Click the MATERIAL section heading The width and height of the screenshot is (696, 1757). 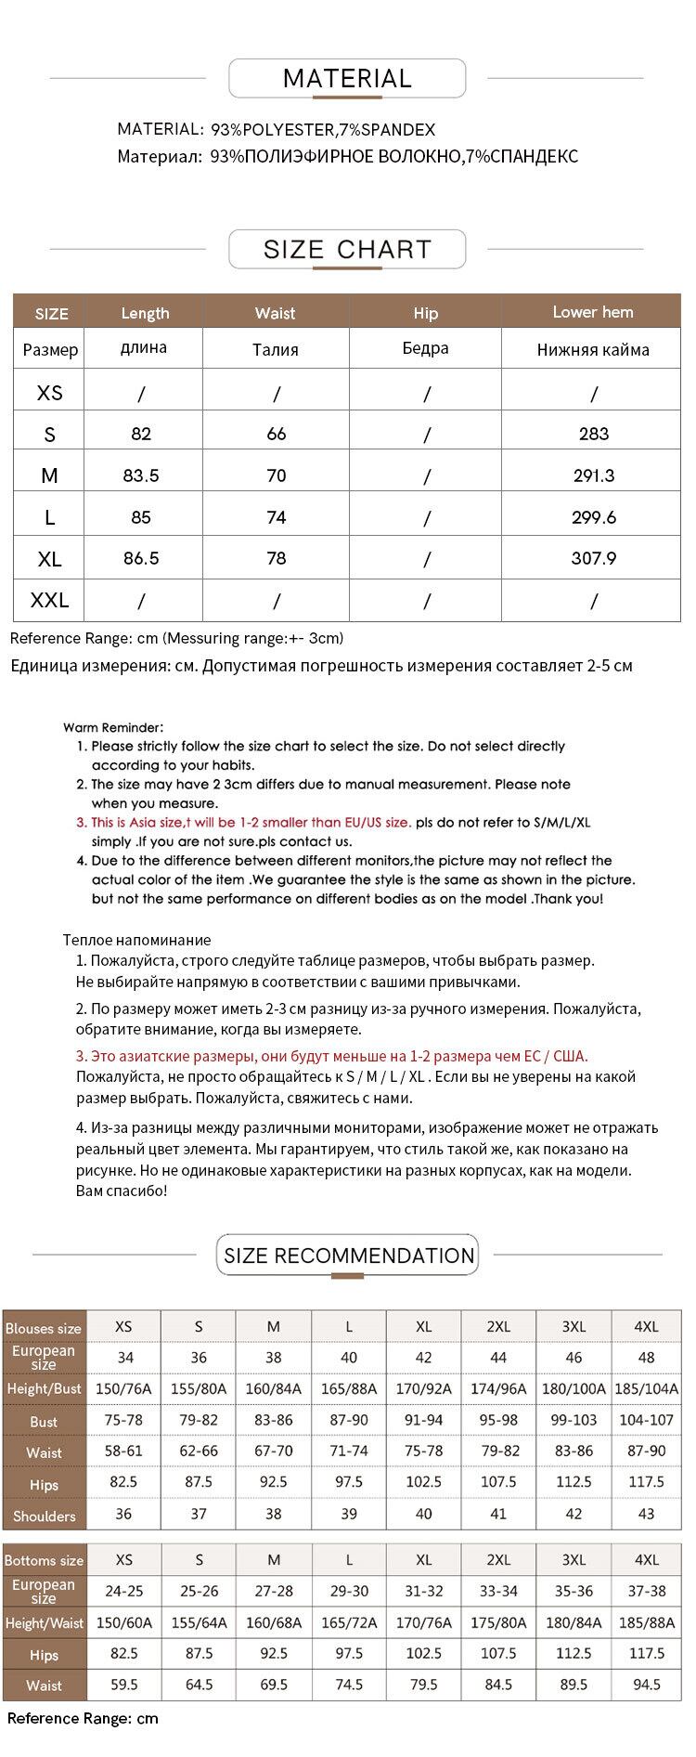point(347,79)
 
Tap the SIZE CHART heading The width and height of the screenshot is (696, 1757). point(347,250)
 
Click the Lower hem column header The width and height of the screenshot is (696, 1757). point(592,312)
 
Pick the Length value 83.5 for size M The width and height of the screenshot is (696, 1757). point(141,475)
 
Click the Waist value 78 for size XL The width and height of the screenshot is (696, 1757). point(276,558)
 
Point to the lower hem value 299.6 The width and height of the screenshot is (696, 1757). point(594,517)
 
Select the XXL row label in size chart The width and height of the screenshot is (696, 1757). point(49,601)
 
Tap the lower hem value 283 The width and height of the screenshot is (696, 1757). point(594,434)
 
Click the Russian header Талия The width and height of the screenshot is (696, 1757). point(276,350)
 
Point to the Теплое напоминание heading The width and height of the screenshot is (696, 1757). point(136,940)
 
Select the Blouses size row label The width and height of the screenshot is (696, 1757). point(43,1329)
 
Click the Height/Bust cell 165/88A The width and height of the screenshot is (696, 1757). point(348,1389)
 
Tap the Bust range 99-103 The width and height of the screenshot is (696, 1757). point(574,1421)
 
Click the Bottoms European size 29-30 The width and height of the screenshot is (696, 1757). point(348,1591)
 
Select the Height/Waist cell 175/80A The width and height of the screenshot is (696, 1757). point(498,1622)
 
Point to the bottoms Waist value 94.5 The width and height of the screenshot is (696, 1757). point(646,1685)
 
